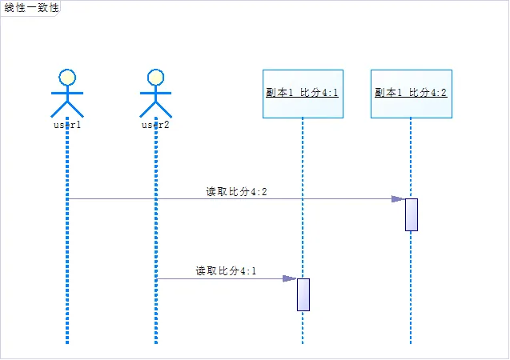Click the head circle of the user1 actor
68,77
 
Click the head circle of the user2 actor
156,77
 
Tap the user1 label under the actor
67,125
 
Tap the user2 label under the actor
156,125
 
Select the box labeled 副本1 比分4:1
303,94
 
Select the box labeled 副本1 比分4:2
411,94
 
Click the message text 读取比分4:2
236,191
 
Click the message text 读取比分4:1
226,271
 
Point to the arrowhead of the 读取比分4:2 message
398,198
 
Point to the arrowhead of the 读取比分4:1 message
290,278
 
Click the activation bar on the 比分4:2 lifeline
412,214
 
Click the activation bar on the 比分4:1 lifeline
303,294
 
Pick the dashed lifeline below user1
67,240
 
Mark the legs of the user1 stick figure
68,110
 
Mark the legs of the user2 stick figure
156,110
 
